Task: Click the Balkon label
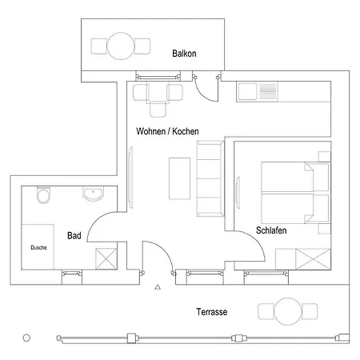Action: coord(184,54)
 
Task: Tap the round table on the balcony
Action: coord(121,46)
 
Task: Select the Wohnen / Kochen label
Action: coord(167,131)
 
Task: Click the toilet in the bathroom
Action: coord(43,195)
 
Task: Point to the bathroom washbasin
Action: coord(93,194)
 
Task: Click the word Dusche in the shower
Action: coord(38,247)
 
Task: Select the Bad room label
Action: coord(74,235)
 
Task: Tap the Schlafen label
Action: coord(271,230)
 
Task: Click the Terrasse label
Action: coord(212,312)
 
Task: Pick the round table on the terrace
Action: coord(288,311)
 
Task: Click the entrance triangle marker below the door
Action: coord(158,287)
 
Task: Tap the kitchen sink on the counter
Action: coord(247,91)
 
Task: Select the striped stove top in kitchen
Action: coord(268,91)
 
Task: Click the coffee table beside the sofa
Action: coord(179,178)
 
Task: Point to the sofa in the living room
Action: coord(210,178)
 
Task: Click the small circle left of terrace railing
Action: coord(26,338)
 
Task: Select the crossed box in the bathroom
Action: coord(106,258)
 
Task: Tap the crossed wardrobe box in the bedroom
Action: coord(313,259)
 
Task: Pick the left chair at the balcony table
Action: coord(99,46)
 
